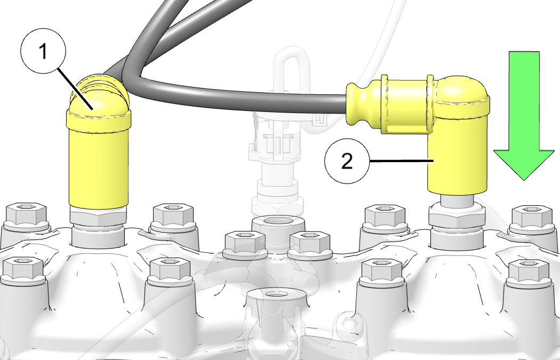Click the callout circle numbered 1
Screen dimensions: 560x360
(43, 51)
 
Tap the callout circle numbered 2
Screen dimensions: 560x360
(347, 161)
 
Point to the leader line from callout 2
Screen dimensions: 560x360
(402, 162)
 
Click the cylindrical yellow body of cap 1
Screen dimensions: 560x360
(98, 168)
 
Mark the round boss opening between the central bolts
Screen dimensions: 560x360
(278, 223)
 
